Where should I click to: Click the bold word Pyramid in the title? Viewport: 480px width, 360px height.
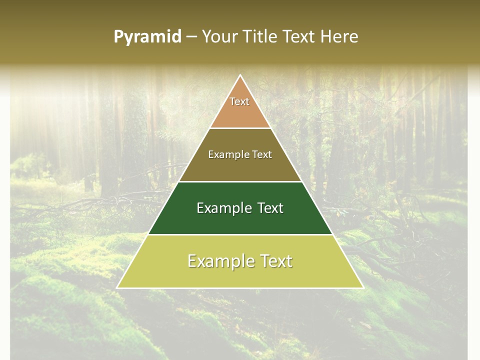pos(147,37)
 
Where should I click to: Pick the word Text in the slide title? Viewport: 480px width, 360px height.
pos(299,37)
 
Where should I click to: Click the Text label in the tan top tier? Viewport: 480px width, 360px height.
pos(239,101)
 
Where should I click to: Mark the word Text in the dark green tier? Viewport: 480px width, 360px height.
pos(267,208)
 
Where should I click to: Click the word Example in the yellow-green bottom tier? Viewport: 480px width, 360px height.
pos(218,261)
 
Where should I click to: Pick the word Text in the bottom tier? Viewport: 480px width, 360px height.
pos(272,261)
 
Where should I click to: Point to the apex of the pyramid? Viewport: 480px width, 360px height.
pos(240,75)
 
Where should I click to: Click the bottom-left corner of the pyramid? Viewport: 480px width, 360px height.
pos(117,287)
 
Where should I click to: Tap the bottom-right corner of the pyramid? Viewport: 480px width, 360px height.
pos(362,287)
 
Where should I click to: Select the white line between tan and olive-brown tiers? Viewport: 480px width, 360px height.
pos(240,128)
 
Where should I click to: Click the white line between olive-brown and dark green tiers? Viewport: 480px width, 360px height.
pos(240,181)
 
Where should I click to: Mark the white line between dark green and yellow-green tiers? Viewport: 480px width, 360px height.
pos(240,234)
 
